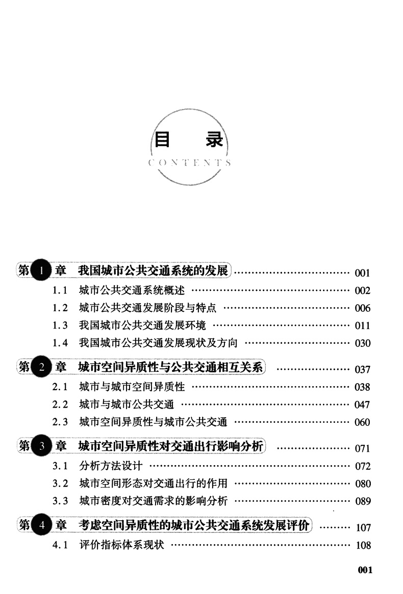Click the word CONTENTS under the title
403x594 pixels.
coord(189,164)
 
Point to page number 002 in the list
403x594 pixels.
coord(362,291)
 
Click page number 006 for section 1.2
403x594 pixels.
coord(362,308)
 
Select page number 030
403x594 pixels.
coord(362,343)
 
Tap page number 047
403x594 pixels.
coord(362,405)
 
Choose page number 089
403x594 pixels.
coord(362,501)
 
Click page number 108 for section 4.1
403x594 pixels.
coord(363,546)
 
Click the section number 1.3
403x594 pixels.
coord(60,326)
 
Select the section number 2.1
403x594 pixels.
coord(60,387)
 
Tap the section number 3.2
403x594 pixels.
coord(60,483)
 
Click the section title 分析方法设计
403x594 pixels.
coord(111,466)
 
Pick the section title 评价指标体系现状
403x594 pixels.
coord(121,545)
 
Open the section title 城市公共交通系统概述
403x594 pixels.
coord(132,291)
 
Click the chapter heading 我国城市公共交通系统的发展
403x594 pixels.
coord(153,270)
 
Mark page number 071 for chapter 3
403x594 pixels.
coord(362,449)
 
